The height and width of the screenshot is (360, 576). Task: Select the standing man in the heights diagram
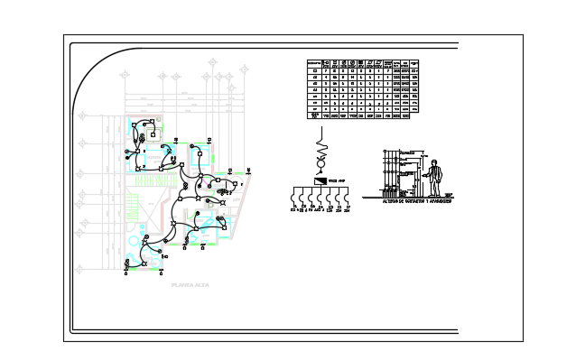(435, 179)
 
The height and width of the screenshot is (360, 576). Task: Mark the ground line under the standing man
(406, 198)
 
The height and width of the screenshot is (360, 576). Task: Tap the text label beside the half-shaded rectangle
(338, 180)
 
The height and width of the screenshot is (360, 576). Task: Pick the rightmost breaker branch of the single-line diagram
(347, 198)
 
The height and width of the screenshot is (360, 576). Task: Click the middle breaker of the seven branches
(321, 198)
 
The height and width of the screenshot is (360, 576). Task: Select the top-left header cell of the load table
(315, 63)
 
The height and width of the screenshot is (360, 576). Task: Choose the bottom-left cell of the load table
(315, 115)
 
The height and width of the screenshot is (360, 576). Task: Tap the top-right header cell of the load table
(416, 63)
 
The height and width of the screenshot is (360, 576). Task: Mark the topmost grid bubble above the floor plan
(213, 61)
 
